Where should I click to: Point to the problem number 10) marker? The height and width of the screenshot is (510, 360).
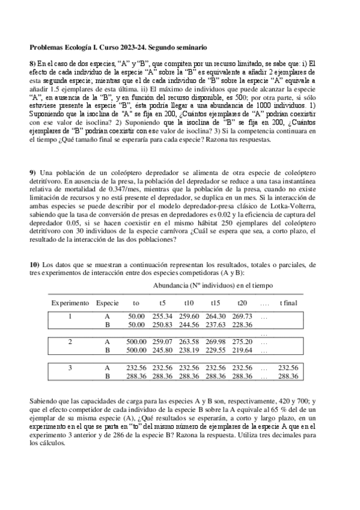tap(34, 264)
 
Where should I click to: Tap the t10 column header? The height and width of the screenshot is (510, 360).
tap(189, 303)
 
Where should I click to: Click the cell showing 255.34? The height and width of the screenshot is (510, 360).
tap(162, 316)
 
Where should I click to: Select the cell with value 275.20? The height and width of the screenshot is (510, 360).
tap(242, 342)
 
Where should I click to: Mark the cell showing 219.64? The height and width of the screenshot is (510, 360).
tap(242, 349)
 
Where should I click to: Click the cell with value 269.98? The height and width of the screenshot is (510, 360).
tap(215, 342)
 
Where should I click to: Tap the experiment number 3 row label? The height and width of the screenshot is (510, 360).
tap(70, 367)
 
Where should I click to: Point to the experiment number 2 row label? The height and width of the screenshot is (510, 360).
tap(70, 342)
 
